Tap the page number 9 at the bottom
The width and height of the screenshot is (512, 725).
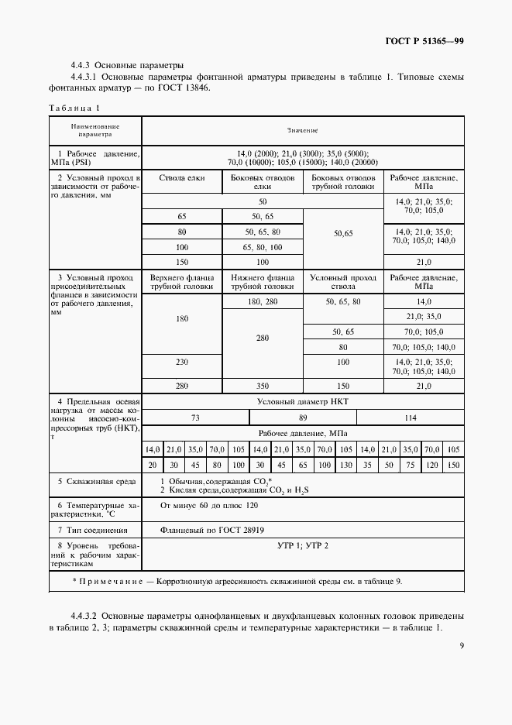pyautogui.click(x=461, y=644)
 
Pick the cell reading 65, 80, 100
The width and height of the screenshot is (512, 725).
pyautogui.click(x=262, y=247)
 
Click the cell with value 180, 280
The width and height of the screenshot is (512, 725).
pyautogui.click(x=262, y=301)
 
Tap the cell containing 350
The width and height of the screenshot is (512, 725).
pyautogui.click(x=262, y=385)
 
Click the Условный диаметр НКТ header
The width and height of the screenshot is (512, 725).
pyautogui.click(x=303, y=401)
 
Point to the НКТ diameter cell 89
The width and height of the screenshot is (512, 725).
pyautogui.click(x=303, y=417)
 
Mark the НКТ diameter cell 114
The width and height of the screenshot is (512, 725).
pyautogui.click(x=410, y=417)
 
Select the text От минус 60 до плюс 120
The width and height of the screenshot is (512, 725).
pyautogui.click(x=209, y=505)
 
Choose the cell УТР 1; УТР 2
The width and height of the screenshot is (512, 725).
pyautogui.click(x=303, y=546)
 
